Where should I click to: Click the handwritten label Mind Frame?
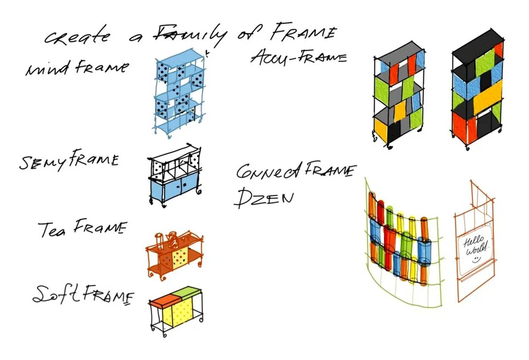[x=77, y=68]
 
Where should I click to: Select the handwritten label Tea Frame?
[x=83, y=228]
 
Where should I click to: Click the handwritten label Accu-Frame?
[x=298, y=56]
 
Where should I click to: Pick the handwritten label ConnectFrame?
[x=295, y=171]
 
